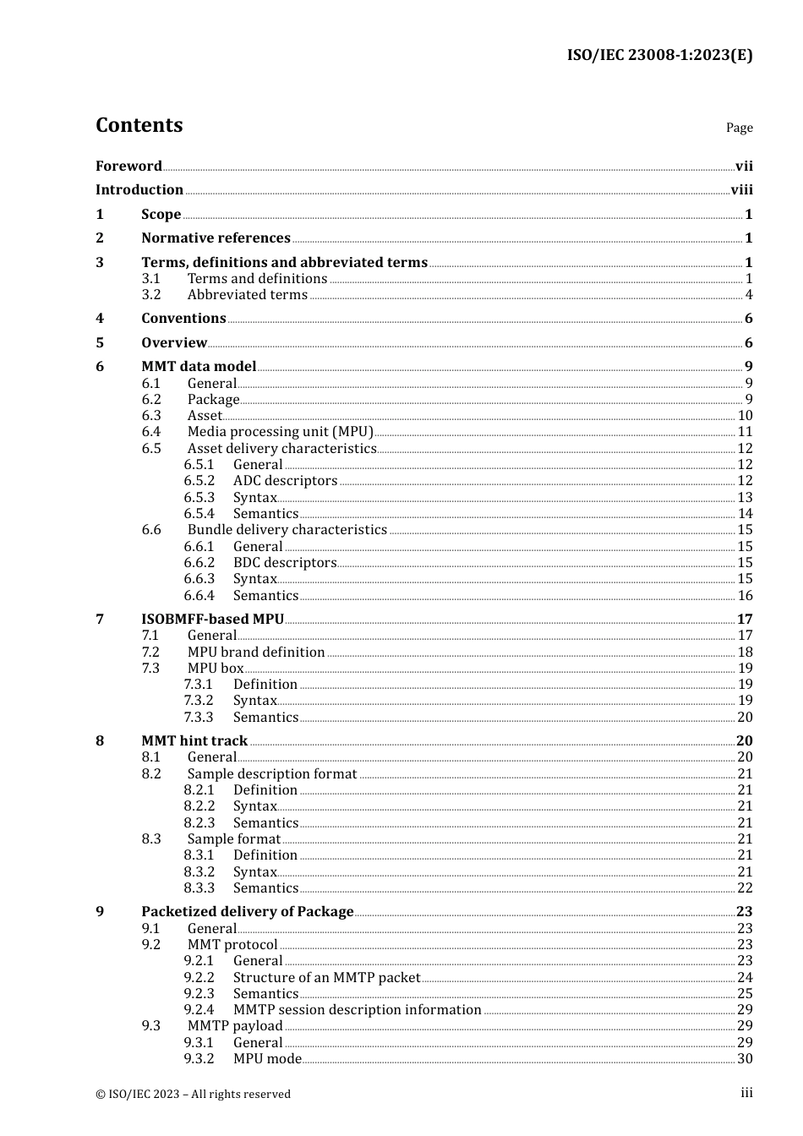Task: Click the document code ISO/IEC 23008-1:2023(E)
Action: pos(659,56)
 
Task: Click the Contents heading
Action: pos(139,125)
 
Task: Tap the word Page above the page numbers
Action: pos(739,128)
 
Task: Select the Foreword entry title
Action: pos(128,167)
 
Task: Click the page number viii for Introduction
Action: pos(741,190)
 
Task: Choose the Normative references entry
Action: pos(216,238)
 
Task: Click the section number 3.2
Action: pos(151,295)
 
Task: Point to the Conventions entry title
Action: pos(183,319)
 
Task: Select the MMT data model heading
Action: pos(199,367)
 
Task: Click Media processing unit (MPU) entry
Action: pos(280,432)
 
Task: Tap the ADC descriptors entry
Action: pos(285,481)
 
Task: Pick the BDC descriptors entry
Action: pos(285,563)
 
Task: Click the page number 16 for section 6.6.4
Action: pos(745,596)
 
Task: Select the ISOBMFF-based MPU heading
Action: pos(212,620)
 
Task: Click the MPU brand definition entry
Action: pos(256,653)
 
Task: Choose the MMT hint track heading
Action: pos(194,741)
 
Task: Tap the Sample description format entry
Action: pos(272,774)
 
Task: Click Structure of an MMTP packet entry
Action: pos(326,978)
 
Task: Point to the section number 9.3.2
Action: pos(199,1059)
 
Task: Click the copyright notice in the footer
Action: pos(193,1095)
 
